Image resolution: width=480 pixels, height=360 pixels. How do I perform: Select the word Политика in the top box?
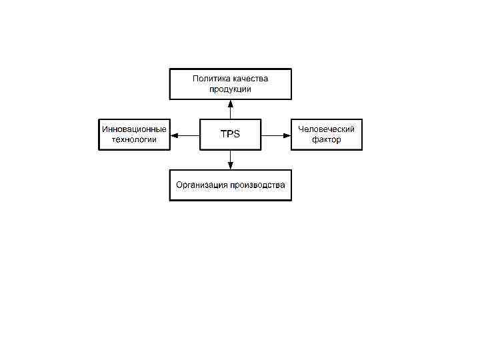coord(209,79)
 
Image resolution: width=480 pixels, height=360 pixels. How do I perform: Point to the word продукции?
coord(230,89)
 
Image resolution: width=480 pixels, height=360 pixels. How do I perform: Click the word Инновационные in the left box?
coord(134,129)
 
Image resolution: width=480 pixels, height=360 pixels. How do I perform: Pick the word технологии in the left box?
coord(134,140)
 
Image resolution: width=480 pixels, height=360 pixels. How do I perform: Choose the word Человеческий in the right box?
coord(327,129)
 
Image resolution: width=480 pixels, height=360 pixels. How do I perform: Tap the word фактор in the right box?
coord(327,140)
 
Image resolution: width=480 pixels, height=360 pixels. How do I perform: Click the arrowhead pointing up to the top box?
coord(230,104)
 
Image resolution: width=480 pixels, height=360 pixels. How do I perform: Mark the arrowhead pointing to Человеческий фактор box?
coord(287,135)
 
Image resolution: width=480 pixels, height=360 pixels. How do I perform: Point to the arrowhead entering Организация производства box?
coord(230,165)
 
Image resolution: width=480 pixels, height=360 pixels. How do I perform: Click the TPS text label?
coord(230,135)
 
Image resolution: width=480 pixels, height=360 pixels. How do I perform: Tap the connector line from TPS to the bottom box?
coord(230,156)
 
